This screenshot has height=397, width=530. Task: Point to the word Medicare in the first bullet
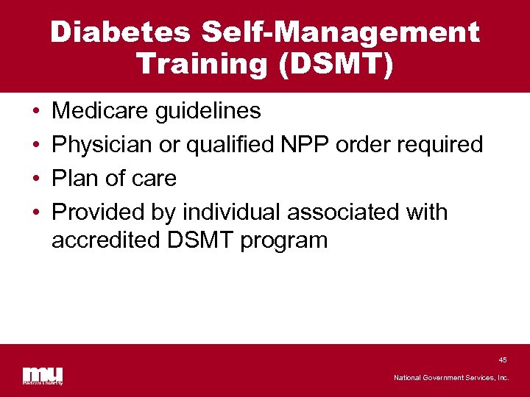point(102,111)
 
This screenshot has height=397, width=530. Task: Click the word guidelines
point(209,111)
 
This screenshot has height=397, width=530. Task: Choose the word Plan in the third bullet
point(77,179)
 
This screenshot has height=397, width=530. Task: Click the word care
point(154,179)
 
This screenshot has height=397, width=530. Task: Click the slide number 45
point(503,360)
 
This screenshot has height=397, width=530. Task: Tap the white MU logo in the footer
point(42,375)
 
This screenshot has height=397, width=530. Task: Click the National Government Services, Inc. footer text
point(451,378)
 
